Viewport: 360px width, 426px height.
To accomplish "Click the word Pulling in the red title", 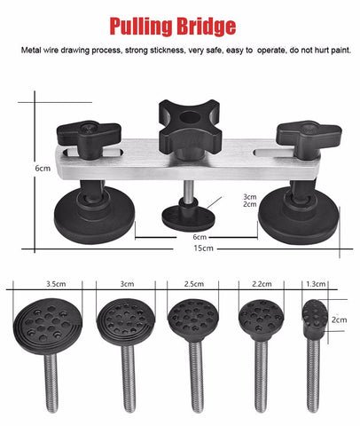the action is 141,27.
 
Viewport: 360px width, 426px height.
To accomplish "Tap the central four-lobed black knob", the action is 190,126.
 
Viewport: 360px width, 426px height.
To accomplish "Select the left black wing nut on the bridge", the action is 89,137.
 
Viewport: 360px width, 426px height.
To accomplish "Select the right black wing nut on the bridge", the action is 309,137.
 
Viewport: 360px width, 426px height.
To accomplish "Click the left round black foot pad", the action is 94,215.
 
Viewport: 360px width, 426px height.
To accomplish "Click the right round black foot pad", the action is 299,215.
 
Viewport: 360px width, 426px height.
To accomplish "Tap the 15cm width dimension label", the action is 203,248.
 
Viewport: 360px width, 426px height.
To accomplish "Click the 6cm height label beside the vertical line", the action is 43,169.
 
